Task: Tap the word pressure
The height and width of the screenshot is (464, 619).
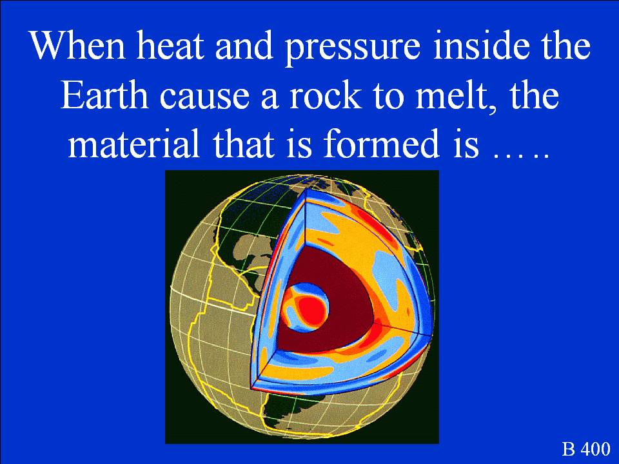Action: click(352, 48)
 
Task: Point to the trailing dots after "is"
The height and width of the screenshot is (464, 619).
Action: click(522, 154)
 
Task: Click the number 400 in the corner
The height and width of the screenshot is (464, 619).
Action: click(597, 449)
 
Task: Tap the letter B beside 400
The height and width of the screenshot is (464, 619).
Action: click(569, 449)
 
